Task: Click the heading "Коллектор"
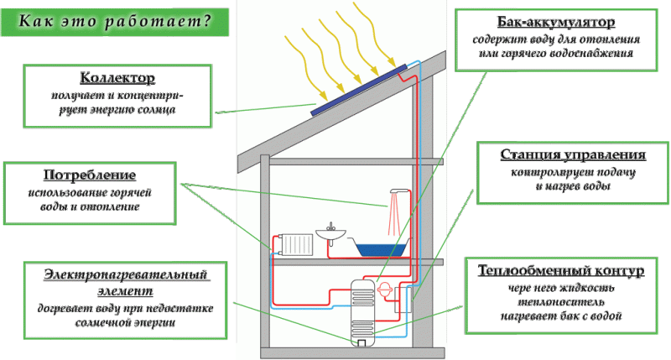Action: coord(117,78)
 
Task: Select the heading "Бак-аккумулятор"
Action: coord(556,22)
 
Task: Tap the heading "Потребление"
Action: coord(90,175)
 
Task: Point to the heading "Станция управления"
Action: coord(573,154)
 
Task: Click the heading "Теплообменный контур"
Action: coord(560,270)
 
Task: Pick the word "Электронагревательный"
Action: coord(125,274)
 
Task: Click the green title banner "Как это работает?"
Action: coord(115,22)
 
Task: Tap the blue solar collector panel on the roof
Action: coord(359,90)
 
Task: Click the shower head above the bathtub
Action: coord(399,191)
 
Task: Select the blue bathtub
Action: coord(382,249)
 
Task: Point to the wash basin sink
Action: coord(330,235)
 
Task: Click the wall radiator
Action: coord(296,245)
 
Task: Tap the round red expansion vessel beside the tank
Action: coord(385,290)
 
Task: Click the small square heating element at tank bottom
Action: coord(362,343)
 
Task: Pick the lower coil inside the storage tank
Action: coord(363,328)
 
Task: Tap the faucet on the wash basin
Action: coord(330,227)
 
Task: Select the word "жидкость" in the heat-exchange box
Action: coord(593,288)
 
